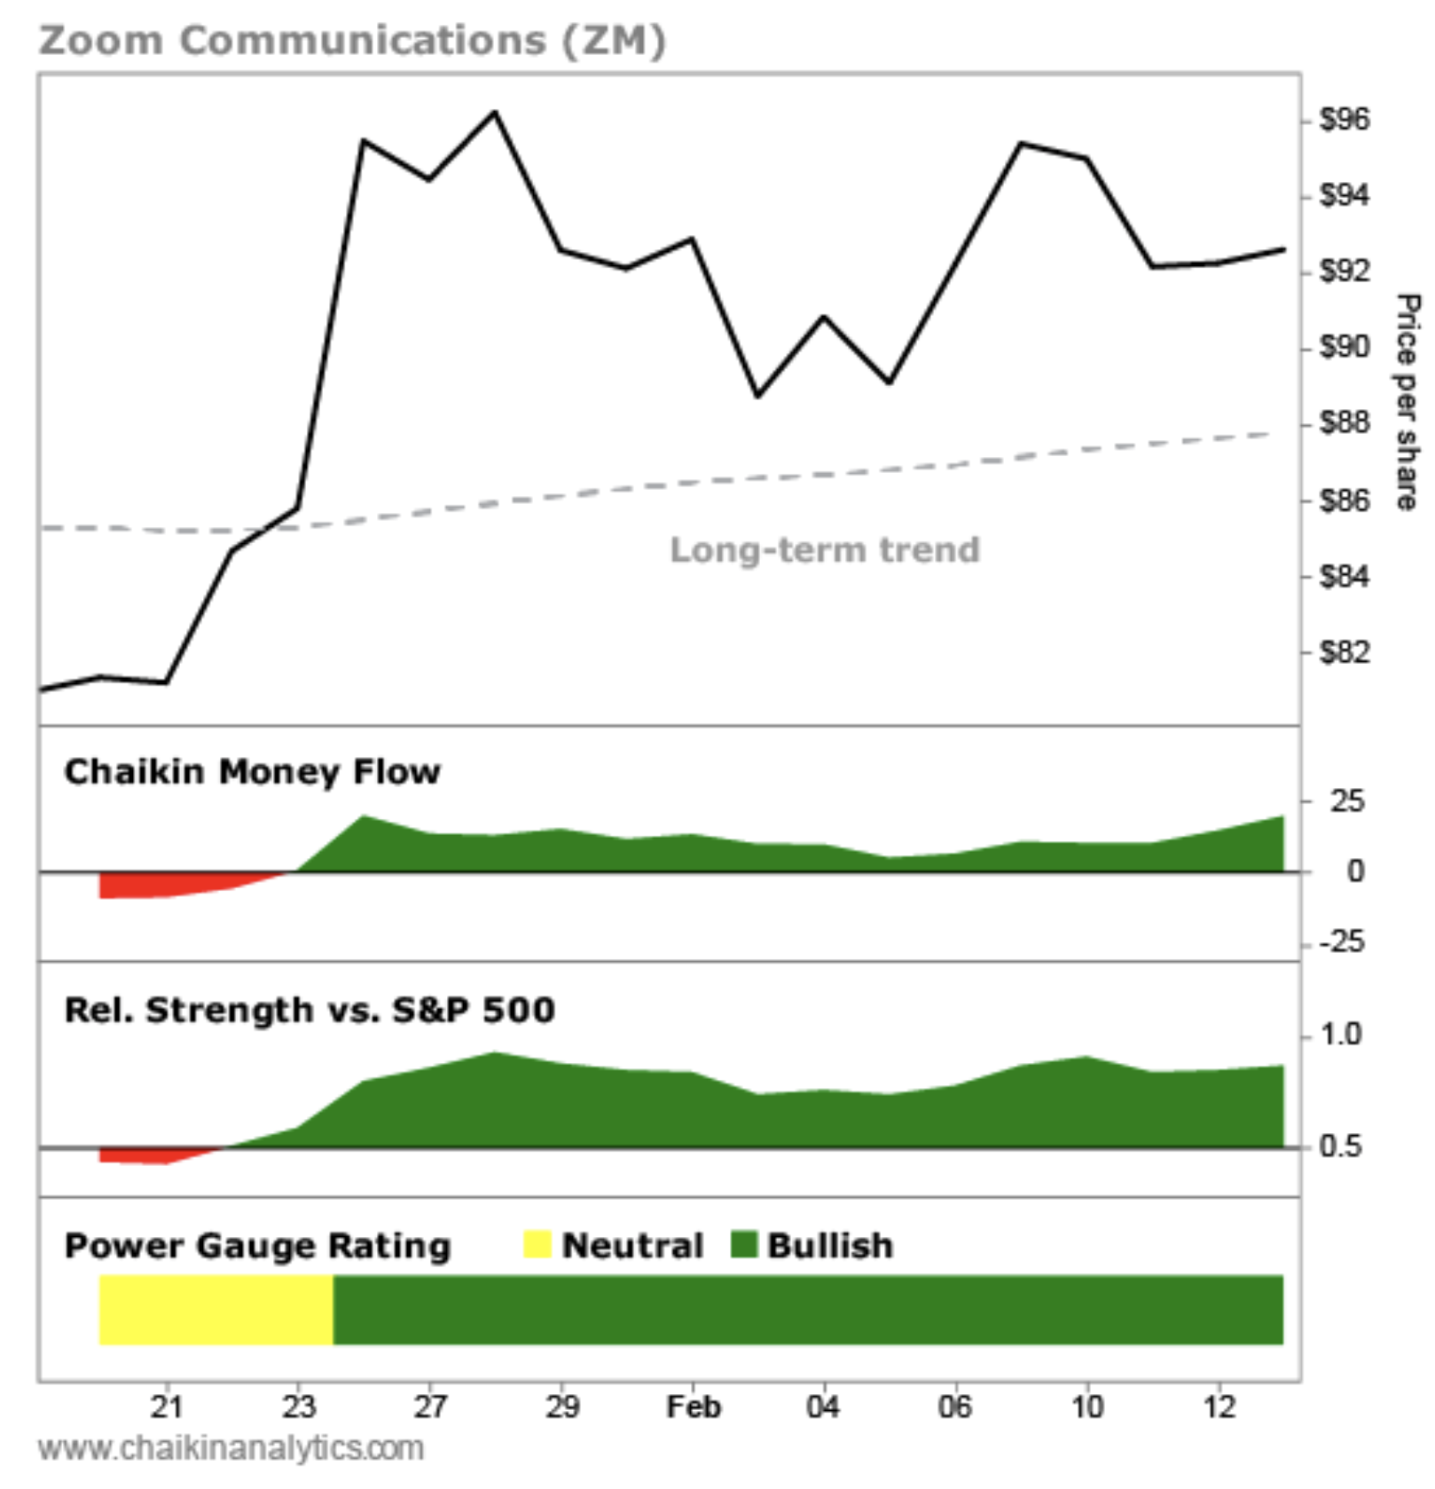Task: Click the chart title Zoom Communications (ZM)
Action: point(351,41)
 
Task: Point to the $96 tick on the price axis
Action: point(1344,119)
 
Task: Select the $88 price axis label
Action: point(1344,422)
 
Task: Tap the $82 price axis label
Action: point(1344,652)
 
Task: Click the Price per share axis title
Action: point(1407,401)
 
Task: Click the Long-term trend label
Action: point(825,549)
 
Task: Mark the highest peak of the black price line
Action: point(495,114)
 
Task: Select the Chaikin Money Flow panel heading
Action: point(252,771)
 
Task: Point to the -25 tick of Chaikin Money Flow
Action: point(1342,941)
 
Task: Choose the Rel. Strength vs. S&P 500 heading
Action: point(310,1010)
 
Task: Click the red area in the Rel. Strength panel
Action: point(151,1155)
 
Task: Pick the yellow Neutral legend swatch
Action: point(537,1244)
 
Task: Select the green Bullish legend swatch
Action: point(743,1244)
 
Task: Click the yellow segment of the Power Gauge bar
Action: point(216,1309)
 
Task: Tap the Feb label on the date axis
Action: point(694,1406)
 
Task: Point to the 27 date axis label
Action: point(430,1406)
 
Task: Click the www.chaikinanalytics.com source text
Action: point(231,1448)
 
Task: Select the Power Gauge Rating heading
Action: point(257,1245)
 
